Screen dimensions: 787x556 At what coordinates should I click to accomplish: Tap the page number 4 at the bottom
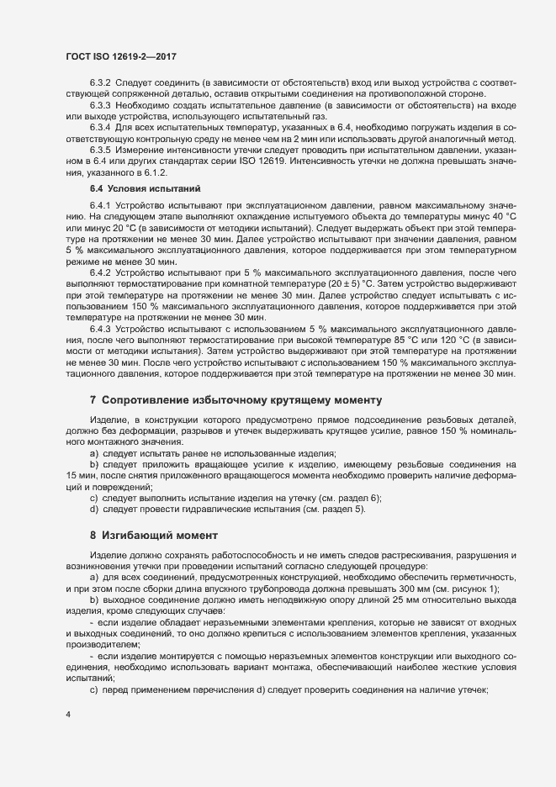[x=68, y=716]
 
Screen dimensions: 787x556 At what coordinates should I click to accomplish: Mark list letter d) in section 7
[x=94, y=509]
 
